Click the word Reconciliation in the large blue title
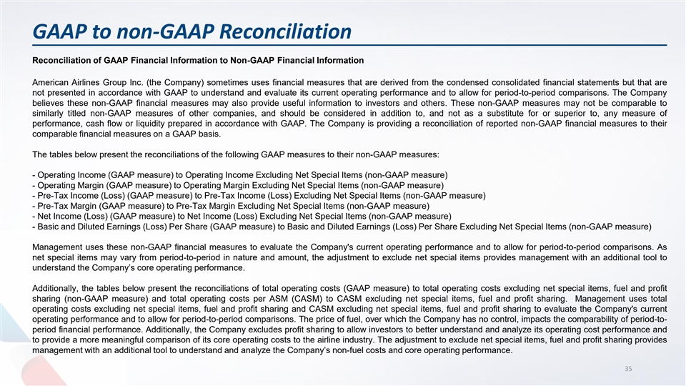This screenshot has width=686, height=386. [285, 31]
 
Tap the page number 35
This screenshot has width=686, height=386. [628, 369]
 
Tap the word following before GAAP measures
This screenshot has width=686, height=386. [242, 154]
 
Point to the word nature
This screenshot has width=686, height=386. [251, 258]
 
